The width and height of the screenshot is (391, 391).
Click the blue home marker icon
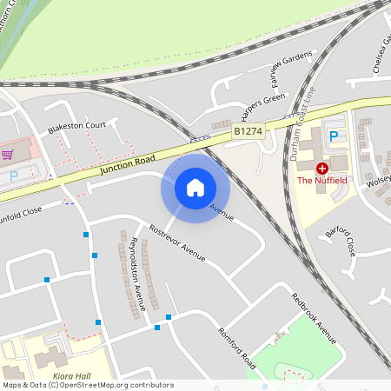tap(195, 187)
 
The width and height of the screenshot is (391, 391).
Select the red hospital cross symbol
tap(322, 167)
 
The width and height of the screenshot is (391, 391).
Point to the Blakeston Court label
tap(76, 125)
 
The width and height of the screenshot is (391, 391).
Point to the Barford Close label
tap(340, 242)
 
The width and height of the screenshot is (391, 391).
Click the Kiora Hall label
tap(72, 376)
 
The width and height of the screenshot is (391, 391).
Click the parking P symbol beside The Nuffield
tap(333, 136)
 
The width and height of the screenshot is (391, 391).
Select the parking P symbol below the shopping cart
tap(14, 175)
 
